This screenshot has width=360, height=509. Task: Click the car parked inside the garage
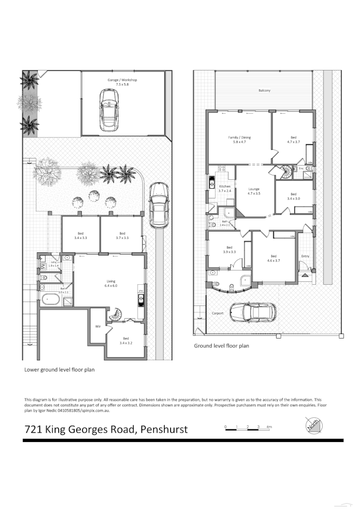point(108,109)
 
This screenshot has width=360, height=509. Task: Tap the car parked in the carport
point(252,311)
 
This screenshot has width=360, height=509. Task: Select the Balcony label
point(264,91)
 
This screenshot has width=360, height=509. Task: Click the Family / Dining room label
point(239,139)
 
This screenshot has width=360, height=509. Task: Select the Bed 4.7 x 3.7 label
point(294,139)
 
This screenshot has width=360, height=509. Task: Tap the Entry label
point(305,256)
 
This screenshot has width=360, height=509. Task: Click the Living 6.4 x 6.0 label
point(110,283)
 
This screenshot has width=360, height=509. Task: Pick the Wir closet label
point(98,326)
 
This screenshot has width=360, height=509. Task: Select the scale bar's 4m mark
point(269,426)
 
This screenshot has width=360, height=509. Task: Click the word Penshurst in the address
point(164,429)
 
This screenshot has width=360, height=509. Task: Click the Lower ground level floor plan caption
point(59,369)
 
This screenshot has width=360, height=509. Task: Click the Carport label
point(217,313)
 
